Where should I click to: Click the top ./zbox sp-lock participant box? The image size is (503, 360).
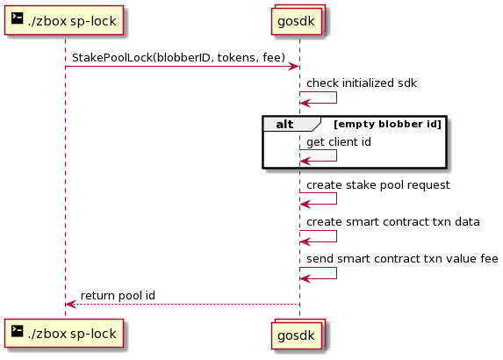click(x=64, y=20)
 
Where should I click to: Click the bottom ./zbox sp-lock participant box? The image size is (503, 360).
click(x=64, y=334)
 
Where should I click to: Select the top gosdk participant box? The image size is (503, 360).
click(x=298, y=20)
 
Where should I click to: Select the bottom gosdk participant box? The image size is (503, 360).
click(x=298, y=334)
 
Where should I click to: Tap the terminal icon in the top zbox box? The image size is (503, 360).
click(x=17, y=18)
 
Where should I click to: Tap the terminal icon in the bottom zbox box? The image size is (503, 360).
click(x=17, y=331)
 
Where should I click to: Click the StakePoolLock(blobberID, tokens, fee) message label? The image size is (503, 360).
click(x=178, y=57)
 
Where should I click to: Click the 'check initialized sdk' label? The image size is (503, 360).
click(x=362, y=83)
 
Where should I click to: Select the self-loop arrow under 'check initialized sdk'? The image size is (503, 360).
click(x=336, y=97)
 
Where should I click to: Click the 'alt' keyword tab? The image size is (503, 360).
click(x=284, y=124)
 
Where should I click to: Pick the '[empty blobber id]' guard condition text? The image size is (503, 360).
click(x=387, y=124)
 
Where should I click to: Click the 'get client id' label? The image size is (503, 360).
click(x=339, y=142)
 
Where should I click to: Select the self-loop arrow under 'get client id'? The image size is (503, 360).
click(x=336, y=155)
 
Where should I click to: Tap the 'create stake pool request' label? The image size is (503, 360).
click(x=377, y=185)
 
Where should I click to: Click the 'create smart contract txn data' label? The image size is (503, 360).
click(x=393, y=222)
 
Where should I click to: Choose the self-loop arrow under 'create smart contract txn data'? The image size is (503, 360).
click(x=336, y=236)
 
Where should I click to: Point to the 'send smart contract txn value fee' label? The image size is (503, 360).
click(x=402, y=259)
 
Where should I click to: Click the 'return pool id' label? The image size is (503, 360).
click(x=118, y=296)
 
